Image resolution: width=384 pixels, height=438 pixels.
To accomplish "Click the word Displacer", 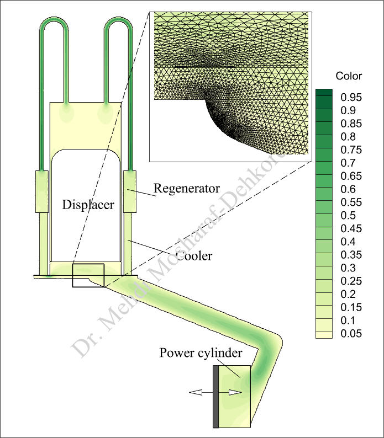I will [88, 205].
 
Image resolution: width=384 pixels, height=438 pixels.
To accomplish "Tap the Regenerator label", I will [186, 188].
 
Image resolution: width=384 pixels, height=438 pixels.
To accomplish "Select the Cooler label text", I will [194, 256].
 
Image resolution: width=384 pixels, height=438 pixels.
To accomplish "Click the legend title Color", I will [349, 76].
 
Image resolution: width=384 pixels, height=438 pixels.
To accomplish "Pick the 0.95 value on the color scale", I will [351, 98].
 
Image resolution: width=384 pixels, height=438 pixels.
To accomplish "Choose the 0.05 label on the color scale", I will [351, 333].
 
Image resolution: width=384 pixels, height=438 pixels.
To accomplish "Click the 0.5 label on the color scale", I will [349, 215].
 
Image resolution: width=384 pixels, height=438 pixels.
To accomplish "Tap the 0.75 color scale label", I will [351, 150].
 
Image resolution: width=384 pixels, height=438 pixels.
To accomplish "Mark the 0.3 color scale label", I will [349, 268].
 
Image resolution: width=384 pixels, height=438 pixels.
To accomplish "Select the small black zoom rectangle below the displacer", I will [87, 276].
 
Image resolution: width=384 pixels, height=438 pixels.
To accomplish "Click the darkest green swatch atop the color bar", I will [324, 94].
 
